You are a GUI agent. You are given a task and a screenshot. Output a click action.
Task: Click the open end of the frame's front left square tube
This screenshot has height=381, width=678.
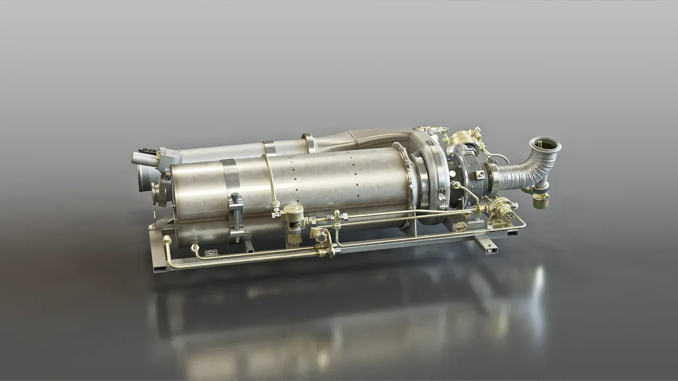pyautogui.click(x=158, y=268)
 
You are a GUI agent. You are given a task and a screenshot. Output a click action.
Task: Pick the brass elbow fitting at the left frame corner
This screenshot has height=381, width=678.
pyautogui.click(x=167, y=240)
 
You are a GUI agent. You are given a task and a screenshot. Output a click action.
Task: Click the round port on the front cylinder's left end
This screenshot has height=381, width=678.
pyautogui.click(x=157, y=190)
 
